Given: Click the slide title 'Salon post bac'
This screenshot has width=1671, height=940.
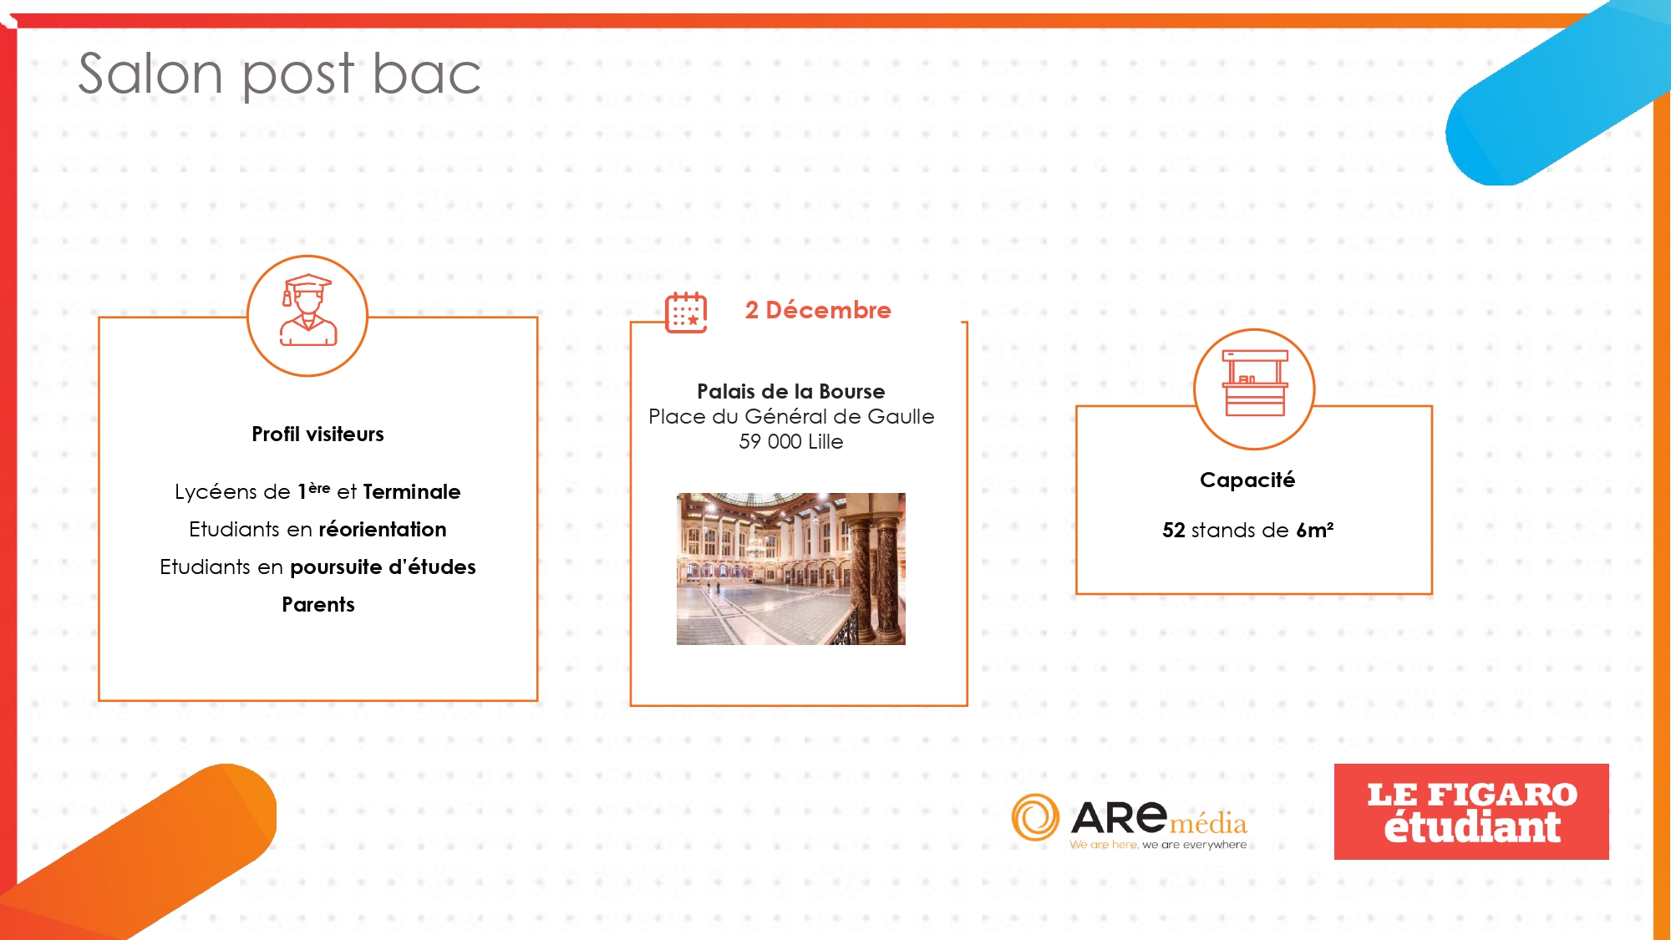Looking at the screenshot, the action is point(279,74).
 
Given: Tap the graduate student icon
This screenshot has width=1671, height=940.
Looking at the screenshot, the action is point(307,310).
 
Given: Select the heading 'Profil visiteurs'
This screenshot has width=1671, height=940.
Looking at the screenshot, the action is point(317,434).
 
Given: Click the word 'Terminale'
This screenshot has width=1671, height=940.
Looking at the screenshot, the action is point(411,492).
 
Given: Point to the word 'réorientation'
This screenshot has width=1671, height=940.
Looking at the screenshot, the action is point(383,530).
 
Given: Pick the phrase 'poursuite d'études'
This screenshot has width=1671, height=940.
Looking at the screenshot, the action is point(383,567).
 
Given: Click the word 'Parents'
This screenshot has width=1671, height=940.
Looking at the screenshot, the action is point(317,605).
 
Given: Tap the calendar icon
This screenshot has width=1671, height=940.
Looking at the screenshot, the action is point(686,312).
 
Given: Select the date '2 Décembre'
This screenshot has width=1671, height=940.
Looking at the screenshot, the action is point(818,310).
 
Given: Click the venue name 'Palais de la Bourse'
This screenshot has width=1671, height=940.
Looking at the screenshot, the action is point(790,391).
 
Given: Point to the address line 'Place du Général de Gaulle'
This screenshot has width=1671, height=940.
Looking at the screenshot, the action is point(791,416).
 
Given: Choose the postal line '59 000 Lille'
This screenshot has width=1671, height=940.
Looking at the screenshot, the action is point(790,441).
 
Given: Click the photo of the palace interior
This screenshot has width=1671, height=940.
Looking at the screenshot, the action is point(790,569).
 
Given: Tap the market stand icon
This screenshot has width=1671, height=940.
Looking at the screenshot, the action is point(1255,384).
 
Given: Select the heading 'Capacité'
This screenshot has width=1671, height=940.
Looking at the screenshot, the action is point(1247,480).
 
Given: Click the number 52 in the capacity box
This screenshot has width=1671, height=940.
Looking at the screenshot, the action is point(1174,531).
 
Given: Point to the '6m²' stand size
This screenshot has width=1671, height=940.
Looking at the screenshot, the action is point(1314,531).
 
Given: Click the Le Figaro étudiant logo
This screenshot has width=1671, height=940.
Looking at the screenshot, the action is point(1471,811).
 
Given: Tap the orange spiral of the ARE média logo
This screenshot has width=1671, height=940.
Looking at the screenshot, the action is point(1035,817).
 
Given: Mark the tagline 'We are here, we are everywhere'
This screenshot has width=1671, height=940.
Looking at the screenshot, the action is point(1158,845).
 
